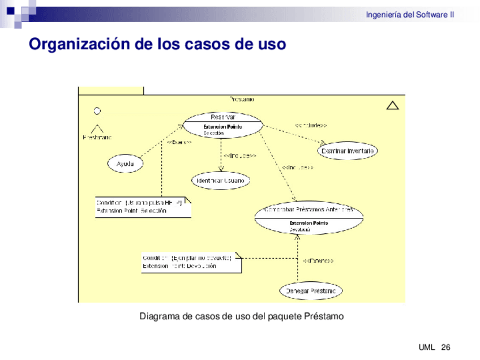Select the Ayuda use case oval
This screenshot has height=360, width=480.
tap(125, 164)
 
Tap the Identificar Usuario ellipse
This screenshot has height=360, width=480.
tap(220, 181)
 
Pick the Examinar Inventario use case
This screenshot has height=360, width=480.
tap(348, 151)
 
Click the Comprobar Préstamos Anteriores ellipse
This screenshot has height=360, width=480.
tap(308, 218)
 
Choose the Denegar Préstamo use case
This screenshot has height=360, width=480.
tap(311, 291)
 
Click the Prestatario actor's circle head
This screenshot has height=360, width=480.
tap(97, 111)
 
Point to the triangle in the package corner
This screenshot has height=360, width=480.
tap(392, 105)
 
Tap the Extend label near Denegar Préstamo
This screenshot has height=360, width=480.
tap(318, 261)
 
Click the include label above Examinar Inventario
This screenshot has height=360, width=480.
tap(310, 125)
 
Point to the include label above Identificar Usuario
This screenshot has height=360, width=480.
tap(240, 156)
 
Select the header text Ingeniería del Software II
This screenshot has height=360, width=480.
tap(410, 15)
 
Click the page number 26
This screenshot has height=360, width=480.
tap(445, 347)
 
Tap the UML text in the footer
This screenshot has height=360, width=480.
tap(427, 347)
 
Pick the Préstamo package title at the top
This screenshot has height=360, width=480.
tap(242, 99)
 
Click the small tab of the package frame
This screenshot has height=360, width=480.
tap(111, 90)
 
